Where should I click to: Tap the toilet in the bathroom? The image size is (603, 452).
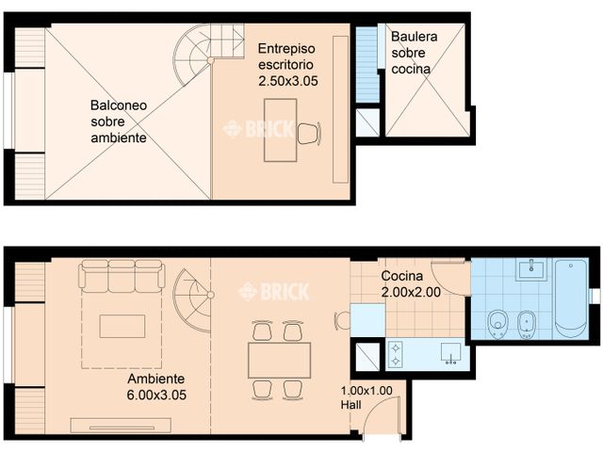(x=497, y=324)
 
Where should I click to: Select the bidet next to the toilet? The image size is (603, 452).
(x=526, y=324)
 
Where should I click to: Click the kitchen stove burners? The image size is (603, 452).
(x=395, y=354)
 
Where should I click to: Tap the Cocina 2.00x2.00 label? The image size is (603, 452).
(x=411, y=284)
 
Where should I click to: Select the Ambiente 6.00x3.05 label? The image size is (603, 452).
(x=156, y=387)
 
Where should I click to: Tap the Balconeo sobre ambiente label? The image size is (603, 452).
(x=118, y=121)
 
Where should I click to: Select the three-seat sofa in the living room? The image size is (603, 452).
(x=122, y=275)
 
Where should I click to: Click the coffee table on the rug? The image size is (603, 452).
(x=122, y=326)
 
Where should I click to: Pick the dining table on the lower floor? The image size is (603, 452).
(x=279, y=359)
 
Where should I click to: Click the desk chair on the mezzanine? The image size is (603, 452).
(x=307, y=134)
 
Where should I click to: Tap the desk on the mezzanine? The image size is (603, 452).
(x=280, y=131)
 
